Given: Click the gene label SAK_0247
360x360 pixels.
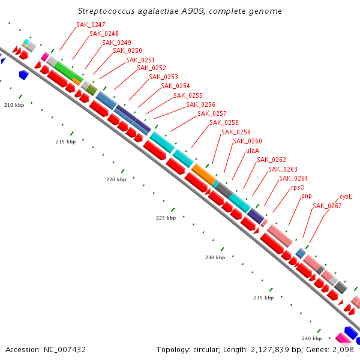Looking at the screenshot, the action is tap(91, 25).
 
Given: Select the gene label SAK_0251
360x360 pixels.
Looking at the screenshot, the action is tap(140, 60).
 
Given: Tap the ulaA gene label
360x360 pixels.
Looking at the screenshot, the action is tap(253, 151).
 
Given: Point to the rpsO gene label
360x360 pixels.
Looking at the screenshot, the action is tap(298, 188).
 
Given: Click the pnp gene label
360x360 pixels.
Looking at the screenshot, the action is tap(307, 196).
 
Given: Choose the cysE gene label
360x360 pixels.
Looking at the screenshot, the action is tap(346, 197).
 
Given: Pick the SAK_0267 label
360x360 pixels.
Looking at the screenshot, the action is tap(327, 206).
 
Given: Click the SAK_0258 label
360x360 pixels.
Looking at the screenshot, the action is tap(224, 122).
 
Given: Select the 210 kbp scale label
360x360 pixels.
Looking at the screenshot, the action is tap(14, 105).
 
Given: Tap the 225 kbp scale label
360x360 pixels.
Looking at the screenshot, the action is tap(166, 218).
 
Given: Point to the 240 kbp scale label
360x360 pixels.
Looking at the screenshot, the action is tap(311, 338).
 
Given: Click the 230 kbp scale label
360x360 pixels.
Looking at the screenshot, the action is tap(215, 257).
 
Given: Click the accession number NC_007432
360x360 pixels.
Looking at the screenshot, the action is tap(65, 350).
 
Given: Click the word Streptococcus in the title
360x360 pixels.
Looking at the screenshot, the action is tap(106, 11).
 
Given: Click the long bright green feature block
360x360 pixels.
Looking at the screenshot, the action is tap(68, 71).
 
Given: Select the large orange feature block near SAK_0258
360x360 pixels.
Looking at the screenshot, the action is tap(204, 175).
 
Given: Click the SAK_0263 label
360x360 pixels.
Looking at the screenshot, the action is tap(283, 169).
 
